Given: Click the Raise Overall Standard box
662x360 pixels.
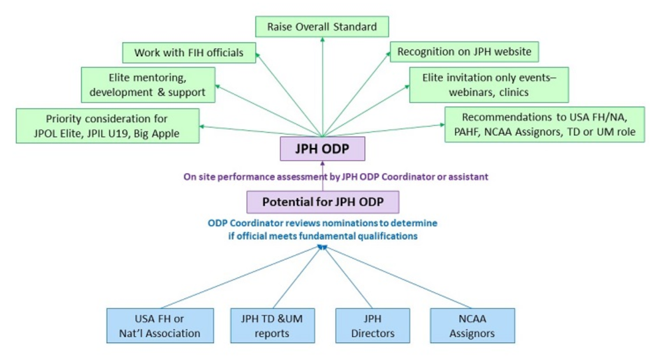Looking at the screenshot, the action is [322, 26].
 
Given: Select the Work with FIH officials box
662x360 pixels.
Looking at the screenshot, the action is [189, 53].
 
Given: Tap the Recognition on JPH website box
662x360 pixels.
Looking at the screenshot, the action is [464, 52].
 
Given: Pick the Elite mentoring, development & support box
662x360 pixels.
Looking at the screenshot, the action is [148, 85].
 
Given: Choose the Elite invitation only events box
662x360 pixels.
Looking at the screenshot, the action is [489, 85].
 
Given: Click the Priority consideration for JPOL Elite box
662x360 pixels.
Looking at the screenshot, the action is [107, 126].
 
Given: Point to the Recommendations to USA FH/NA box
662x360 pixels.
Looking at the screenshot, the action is [544, 125].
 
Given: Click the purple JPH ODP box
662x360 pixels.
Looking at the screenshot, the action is [323, 149].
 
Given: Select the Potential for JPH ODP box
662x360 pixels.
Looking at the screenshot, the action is [323, 202].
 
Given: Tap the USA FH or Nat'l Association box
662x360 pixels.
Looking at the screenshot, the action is [160, 326].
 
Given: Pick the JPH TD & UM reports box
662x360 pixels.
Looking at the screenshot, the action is [272, 326].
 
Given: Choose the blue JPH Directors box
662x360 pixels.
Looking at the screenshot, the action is [373, 326].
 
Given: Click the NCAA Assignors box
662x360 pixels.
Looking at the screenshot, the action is [472, 326].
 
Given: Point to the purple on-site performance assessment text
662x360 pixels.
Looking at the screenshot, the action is [336, 177].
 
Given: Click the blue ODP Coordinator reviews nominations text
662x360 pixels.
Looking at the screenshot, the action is [323, 229].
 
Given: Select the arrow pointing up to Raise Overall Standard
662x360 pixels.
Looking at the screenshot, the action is [323, 87].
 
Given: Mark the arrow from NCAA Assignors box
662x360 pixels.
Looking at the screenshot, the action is [397, 277].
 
